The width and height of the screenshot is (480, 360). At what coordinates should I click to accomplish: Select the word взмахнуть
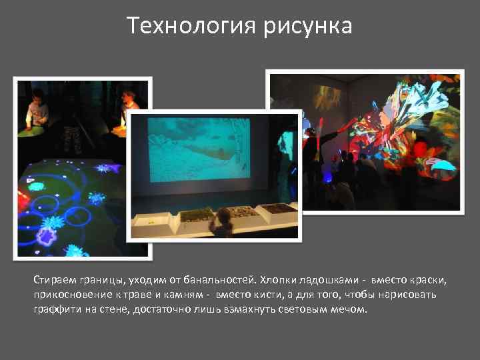(257, 310)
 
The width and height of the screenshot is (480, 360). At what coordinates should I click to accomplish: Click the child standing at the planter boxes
(221, 223)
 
